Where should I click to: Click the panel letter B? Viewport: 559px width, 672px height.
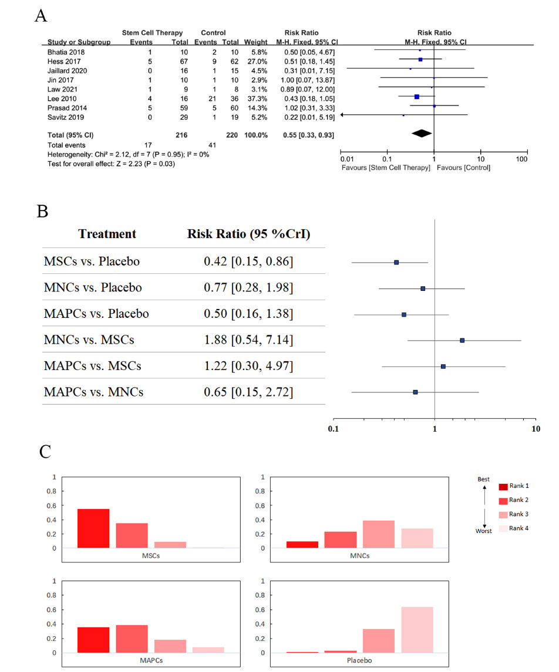[42, 211]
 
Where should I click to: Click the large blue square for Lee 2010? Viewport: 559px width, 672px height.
[417, 97]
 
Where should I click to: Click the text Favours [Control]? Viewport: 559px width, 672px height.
[464, 168]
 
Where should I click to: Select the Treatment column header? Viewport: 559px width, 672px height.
[107, 234]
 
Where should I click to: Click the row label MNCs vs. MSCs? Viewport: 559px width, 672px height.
[89, 340]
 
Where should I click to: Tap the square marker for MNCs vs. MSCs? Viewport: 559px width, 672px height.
[462, 340]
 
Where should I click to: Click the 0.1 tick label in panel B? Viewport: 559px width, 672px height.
[334, 428]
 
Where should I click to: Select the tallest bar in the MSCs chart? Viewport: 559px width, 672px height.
[93, 528]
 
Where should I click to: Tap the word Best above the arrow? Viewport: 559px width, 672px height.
[483, 480]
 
